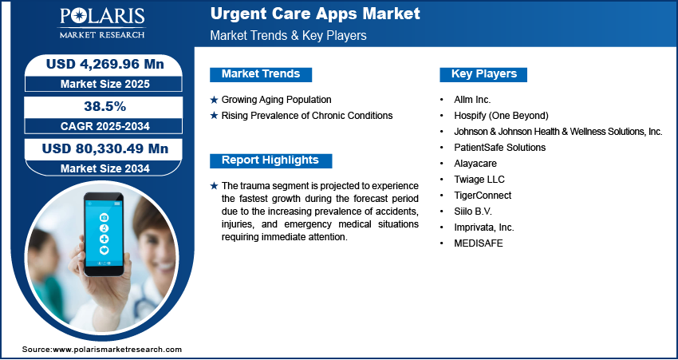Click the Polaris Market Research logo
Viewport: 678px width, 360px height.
point(102,23)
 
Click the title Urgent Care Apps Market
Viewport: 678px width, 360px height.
point(315,14)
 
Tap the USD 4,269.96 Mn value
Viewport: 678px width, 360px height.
point(104,64)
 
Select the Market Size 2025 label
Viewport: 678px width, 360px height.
point(104,84)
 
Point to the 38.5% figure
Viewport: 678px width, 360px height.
point(104,106)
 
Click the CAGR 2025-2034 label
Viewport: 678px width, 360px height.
point(104,126)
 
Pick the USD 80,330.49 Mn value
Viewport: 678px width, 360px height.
point(104,148)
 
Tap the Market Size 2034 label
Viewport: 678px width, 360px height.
point(104,168)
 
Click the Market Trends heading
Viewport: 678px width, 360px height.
point(261,74)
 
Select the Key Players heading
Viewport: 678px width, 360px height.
point(484,74)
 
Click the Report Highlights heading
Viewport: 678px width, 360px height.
point(270,160)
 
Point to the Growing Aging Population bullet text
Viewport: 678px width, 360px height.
point(276,100)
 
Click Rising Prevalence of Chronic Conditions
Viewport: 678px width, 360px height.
point(307,116)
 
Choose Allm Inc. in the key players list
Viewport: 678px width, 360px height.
point(472,100)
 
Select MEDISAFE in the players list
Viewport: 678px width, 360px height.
point(479,243)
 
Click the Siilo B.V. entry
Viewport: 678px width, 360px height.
point(473,212)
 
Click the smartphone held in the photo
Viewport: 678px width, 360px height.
point(104,234)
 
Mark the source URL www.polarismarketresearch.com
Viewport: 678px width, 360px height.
point(117,349)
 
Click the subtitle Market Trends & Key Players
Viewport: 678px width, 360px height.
point(289,35)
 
